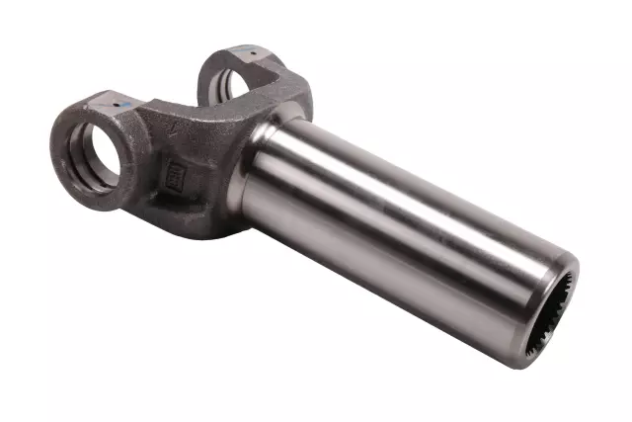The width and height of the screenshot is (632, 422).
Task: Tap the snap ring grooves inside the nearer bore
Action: [83, 163]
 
